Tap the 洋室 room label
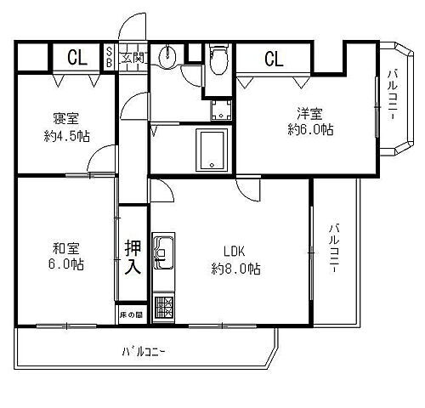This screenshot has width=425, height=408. pos(309,112)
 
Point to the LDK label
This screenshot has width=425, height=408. pos(235,252)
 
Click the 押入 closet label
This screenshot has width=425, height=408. pos(132,258)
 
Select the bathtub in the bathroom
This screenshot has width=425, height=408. pos(209,150)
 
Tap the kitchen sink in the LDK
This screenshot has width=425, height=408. pos(162,253)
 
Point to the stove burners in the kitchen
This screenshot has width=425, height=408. pos(162,305)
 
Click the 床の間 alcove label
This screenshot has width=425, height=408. pos(131,315)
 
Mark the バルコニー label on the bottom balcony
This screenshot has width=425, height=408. pos(144,350)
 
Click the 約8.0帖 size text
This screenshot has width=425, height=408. pos(235,269)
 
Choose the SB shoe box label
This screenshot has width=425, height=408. pos(110,59)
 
